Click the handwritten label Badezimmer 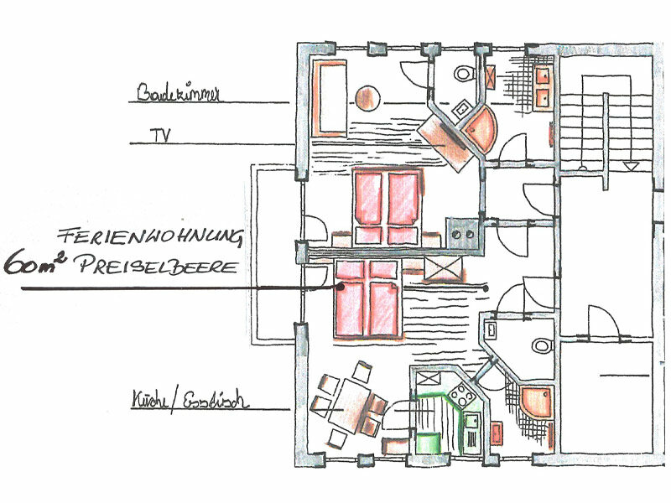[x=177, y=94]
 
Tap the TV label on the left [x=156, y=134]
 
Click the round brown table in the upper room [x=367, y=98]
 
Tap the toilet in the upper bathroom [x=463, y=74]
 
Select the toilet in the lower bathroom [x=542, y=344]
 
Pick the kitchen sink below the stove [x=472, y=423]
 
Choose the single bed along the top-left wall [x=328, y=98]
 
